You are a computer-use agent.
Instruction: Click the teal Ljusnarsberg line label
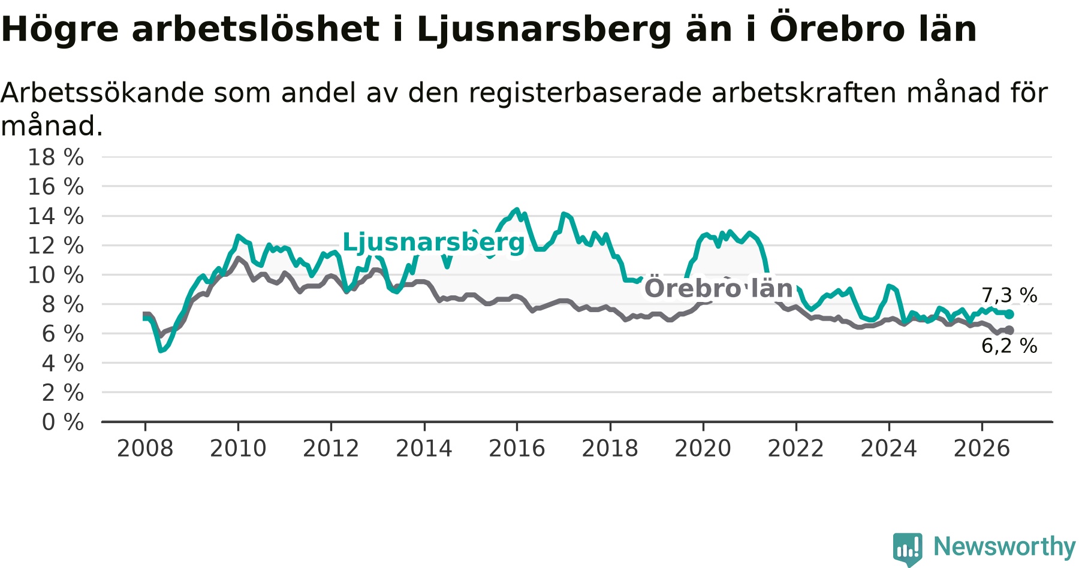click(433, 242)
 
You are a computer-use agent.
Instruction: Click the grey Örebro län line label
click(718, 288)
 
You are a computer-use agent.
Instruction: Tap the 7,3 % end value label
click(1009, 295)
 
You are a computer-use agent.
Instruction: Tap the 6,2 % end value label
click(1009, 346)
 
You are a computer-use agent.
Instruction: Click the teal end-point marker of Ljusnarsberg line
click(1009, 314)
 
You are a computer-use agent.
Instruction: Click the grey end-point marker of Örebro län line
click(1009, 330)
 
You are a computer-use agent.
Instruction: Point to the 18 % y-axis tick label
click(56, 158)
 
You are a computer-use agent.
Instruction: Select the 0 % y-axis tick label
click(63, 422)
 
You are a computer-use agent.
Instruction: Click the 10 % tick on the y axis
click(56, 275)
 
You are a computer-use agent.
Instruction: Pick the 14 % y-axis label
click(56, 216)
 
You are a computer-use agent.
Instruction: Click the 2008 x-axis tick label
click(145, 448)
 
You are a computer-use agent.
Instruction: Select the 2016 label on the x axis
click(517, 448)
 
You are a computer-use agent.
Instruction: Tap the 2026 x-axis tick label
click(982, 448)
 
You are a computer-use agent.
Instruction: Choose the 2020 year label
click(703, 448)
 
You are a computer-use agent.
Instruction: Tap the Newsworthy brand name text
click(1005, 546)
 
